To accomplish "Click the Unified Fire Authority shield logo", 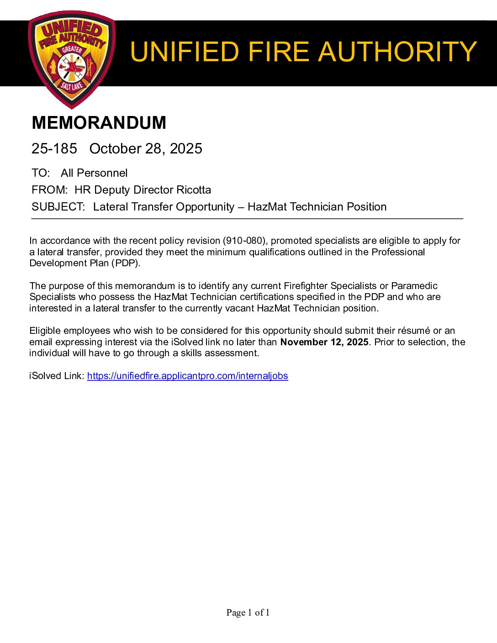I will pos(72,59).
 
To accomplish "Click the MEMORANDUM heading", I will pos(99,123).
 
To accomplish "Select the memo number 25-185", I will pos(54,149).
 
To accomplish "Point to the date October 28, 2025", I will pos(146,149).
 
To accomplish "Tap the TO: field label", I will pos(41,173).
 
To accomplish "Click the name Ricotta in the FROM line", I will pos(194,190).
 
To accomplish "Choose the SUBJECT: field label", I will pos(58,207).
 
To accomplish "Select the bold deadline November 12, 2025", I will pos(324,342).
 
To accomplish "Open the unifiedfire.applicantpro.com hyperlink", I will pos(187,376).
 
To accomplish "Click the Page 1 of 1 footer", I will pos(248,612).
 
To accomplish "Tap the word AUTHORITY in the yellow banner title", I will pos(397,52).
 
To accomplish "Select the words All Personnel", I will pos(94,173).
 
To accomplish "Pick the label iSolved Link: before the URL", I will pos(57,376).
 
